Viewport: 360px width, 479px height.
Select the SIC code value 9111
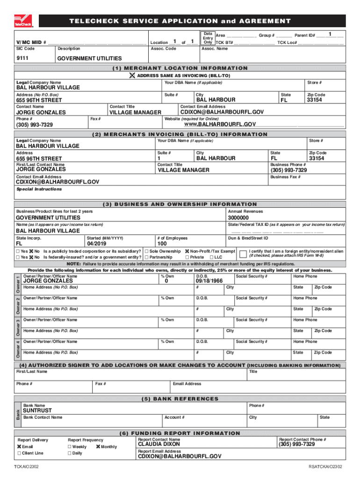click(23, 58)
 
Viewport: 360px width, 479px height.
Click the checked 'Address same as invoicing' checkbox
click(133, 75)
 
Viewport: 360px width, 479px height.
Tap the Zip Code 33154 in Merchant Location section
click(316, 100)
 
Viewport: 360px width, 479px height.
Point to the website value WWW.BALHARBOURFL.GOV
click(220, 124)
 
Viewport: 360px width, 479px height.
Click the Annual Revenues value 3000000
click(238, 218)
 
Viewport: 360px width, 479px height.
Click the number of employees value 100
click(162, 244)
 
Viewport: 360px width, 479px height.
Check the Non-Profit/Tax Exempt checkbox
click(187, 251)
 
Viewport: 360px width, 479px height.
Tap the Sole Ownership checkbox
click(147, 251)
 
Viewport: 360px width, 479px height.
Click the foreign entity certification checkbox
click(243, 254)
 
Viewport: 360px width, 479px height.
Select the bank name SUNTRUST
click(37, 410)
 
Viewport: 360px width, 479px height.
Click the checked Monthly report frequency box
click(98, 447)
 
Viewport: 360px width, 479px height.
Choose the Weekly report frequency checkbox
click(70, 447)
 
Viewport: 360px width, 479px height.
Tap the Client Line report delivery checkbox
click(19, 453)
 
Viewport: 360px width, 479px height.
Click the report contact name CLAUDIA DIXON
click(159, 444)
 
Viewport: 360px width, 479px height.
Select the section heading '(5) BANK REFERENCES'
click(180, 399)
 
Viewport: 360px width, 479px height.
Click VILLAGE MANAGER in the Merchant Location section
click(135, 112)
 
